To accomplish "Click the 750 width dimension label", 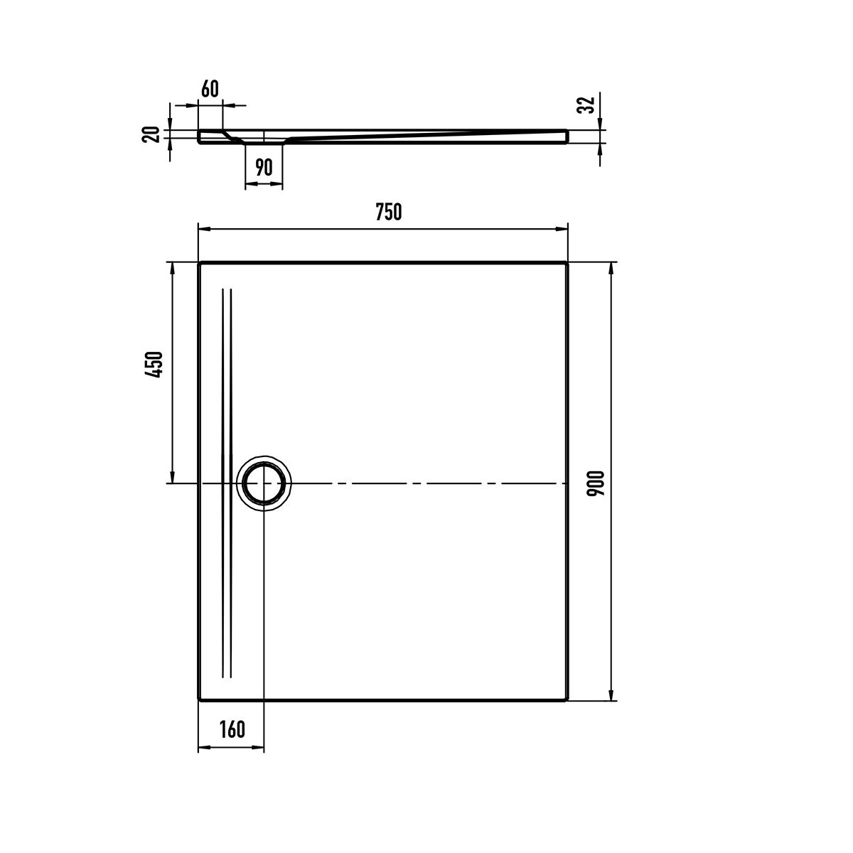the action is [388, 212].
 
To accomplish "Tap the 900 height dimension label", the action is [596, 483].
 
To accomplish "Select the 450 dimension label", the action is [154, 364].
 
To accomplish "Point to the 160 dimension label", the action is [232, 729].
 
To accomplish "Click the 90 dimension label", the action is [264, 167].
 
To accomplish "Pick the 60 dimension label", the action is [210, 89].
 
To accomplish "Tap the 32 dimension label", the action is [586, 105].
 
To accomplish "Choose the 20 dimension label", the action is [151, 134].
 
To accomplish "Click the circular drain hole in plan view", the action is [264, 483].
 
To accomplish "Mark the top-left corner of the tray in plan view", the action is [199, 263].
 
